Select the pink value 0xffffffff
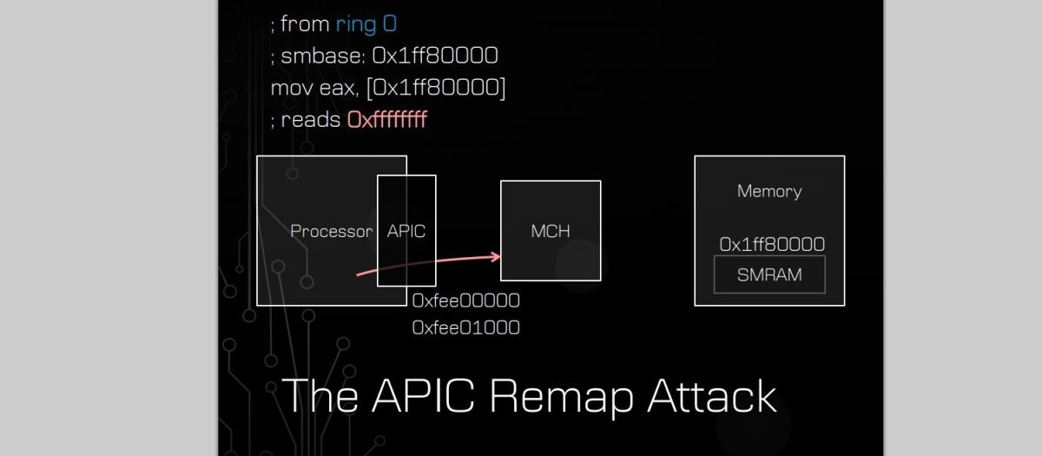click(386, 120)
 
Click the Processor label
click(331, 231)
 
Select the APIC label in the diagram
click(406, 231)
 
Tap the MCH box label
click(551, 231)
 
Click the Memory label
click(769, 191)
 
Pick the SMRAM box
click(769, 275)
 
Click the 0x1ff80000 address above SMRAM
click(772, 245)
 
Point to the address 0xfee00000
click(466, 301)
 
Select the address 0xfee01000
click(466, 327)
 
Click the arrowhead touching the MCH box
click(496, 255)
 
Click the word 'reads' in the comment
click(310, 120)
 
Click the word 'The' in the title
click(321, 396)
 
